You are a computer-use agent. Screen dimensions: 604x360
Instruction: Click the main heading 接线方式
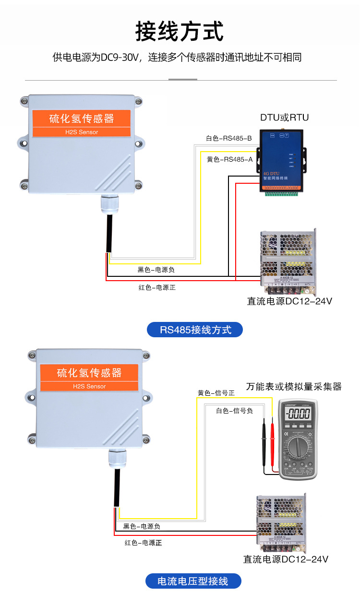[180, 32]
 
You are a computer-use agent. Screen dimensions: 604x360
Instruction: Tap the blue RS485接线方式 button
[195, 330]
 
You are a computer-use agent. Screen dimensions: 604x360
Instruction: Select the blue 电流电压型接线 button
[193, 581]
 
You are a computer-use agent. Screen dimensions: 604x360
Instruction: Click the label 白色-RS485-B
[228, 139]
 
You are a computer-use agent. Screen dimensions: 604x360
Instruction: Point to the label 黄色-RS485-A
[229, 160]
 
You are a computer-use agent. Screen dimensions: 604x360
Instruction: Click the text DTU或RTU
[284, 118]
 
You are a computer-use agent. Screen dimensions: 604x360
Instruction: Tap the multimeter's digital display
[298, 414]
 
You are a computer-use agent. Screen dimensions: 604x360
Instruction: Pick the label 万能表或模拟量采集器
[294, 386]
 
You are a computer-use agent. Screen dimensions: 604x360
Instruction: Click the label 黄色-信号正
[216, 393]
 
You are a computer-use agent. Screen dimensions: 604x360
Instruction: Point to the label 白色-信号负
[234, 411]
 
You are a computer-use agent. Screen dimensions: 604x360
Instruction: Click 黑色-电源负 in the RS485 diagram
[156, 270]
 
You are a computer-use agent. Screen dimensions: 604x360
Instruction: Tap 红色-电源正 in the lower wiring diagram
[143, 543]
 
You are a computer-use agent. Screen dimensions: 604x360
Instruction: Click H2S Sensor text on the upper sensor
[82, 132]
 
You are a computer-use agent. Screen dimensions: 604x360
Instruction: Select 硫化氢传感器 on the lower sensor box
[89, 373]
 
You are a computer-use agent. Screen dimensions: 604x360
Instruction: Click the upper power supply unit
[288, 261]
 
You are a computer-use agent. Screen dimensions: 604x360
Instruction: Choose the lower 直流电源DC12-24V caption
[286, 559]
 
